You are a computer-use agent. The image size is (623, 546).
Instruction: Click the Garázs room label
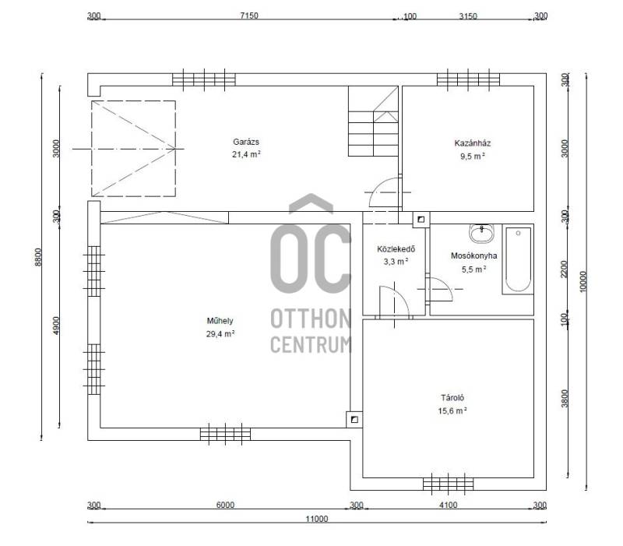(246, 142)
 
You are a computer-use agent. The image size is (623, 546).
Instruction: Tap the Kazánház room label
(473, 143)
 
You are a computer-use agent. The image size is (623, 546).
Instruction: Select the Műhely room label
(220, 321)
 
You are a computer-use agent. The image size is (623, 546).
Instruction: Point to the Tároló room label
(452, 397)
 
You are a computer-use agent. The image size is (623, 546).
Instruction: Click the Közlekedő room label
(396, 249)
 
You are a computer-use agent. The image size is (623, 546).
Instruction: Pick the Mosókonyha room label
(473, 255)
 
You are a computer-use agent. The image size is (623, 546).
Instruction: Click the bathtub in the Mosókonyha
(518, 259)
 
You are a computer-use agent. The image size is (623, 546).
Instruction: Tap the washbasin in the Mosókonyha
(482, 233)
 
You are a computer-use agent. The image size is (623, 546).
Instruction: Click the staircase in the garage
(373, 122)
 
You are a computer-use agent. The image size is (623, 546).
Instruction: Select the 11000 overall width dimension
(317, 519)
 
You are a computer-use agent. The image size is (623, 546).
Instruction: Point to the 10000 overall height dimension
(583, 281)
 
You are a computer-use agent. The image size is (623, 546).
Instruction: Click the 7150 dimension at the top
(249, 16)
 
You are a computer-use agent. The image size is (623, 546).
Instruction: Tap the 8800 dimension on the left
(38, 257)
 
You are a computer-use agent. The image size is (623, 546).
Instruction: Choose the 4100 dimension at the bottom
(449, 505)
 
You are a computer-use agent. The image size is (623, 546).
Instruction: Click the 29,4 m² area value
(220, 334)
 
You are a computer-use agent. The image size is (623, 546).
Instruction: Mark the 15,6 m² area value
(452, 410)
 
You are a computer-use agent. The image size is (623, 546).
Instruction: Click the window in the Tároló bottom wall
(449, 484)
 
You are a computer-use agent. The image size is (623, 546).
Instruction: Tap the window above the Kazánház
(469, 79)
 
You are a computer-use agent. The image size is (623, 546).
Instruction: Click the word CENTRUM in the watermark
(311, 344)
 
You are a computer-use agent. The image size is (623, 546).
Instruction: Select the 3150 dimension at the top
(468, 16)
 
